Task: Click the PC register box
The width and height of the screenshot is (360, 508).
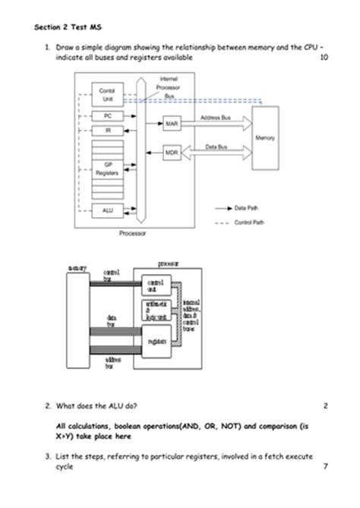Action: point(107,115)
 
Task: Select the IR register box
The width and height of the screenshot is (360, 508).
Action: point(107,130)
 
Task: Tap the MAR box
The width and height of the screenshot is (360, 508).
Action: point(172,123)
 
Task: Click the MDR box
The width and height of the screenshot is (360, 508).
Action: point(172,153)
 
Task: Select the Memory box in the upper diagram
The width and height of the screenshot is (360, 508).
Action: point(266,138)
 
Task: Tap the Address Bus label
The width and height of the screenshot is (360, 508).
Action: point(216,118)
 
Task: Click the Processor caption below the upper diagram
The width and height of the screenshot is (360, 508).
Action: point(132,234)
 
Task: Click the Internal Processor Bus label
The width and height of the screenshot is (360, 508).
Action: point(169,87)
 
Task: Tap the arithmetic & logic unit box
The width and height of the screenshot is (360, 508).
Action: point(158,310)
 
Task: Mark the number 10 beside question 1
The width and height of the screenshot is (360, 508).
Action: point(324,58)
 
